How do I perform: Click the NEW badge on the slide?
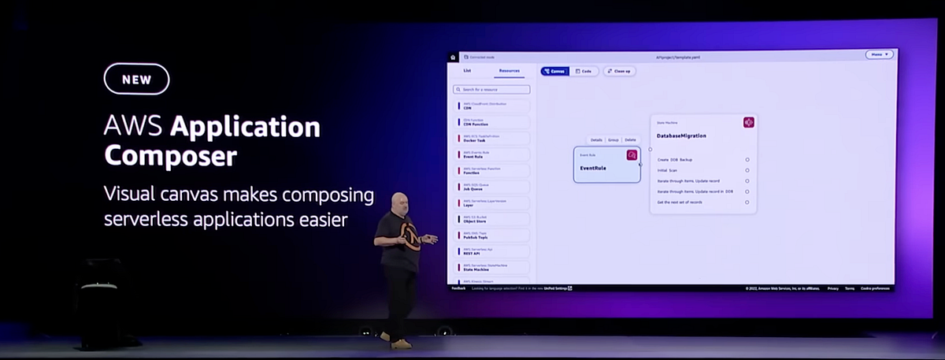point(136,80)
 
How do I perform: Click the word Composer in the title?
point(170,156)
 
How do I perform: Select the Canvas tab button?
point(554,71)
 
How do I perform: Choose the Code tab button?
point(584,71)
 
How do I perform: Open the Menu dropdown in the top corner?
point(879,55)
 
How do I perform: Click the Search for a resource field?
point(493,90)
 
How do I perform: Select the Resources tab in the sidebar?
point(509,71)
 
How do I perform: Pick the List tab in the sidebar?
point(467,71)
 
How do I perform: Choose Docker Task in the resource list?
point(493,139)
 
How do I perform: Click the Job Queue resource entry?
point(493,187)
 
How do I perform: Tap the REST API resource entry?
point(493,252)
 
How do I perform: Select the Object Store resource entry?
point(493,220)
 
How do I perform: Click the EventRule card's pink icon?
point(632,155)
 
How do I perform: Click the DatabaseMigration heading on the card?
point(681,135)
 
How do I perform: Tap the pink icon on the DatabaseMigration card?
point(748,122)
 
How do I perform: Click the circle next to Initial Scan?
point(747,170)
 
